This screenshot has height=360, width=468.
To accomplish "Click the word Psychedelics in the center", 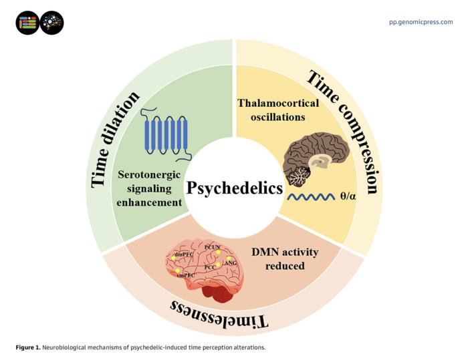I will click(234, 188).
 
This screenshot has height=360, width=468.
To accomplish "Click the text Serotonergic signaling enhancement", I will click(150, 189).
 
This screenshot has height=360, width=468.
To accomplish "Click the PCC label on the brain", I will click(210, 267).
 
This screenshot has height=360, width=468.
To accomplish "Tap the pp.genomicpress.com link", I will click(421, 22).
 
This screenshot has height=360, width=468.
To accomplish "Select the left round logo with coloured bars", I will click(27, 23).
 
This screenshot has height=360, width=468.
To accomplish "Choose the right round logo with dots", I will click(51, 23).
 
